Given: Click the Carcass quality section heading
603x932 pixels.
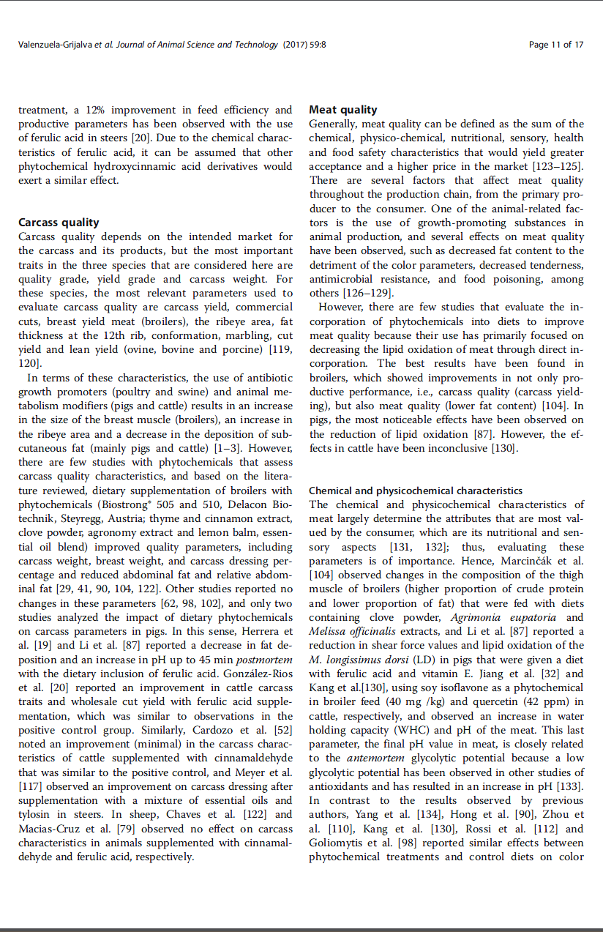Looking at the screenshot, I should coord(59,223).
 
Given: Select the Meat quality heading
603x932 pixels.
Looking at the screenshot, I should coord(343,110).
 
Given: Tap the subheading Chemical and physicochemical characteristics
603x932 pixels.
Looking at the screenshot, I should coord(416,491).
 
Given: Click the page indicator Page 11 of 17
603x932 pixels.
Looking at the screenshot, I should coord(556,45).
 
